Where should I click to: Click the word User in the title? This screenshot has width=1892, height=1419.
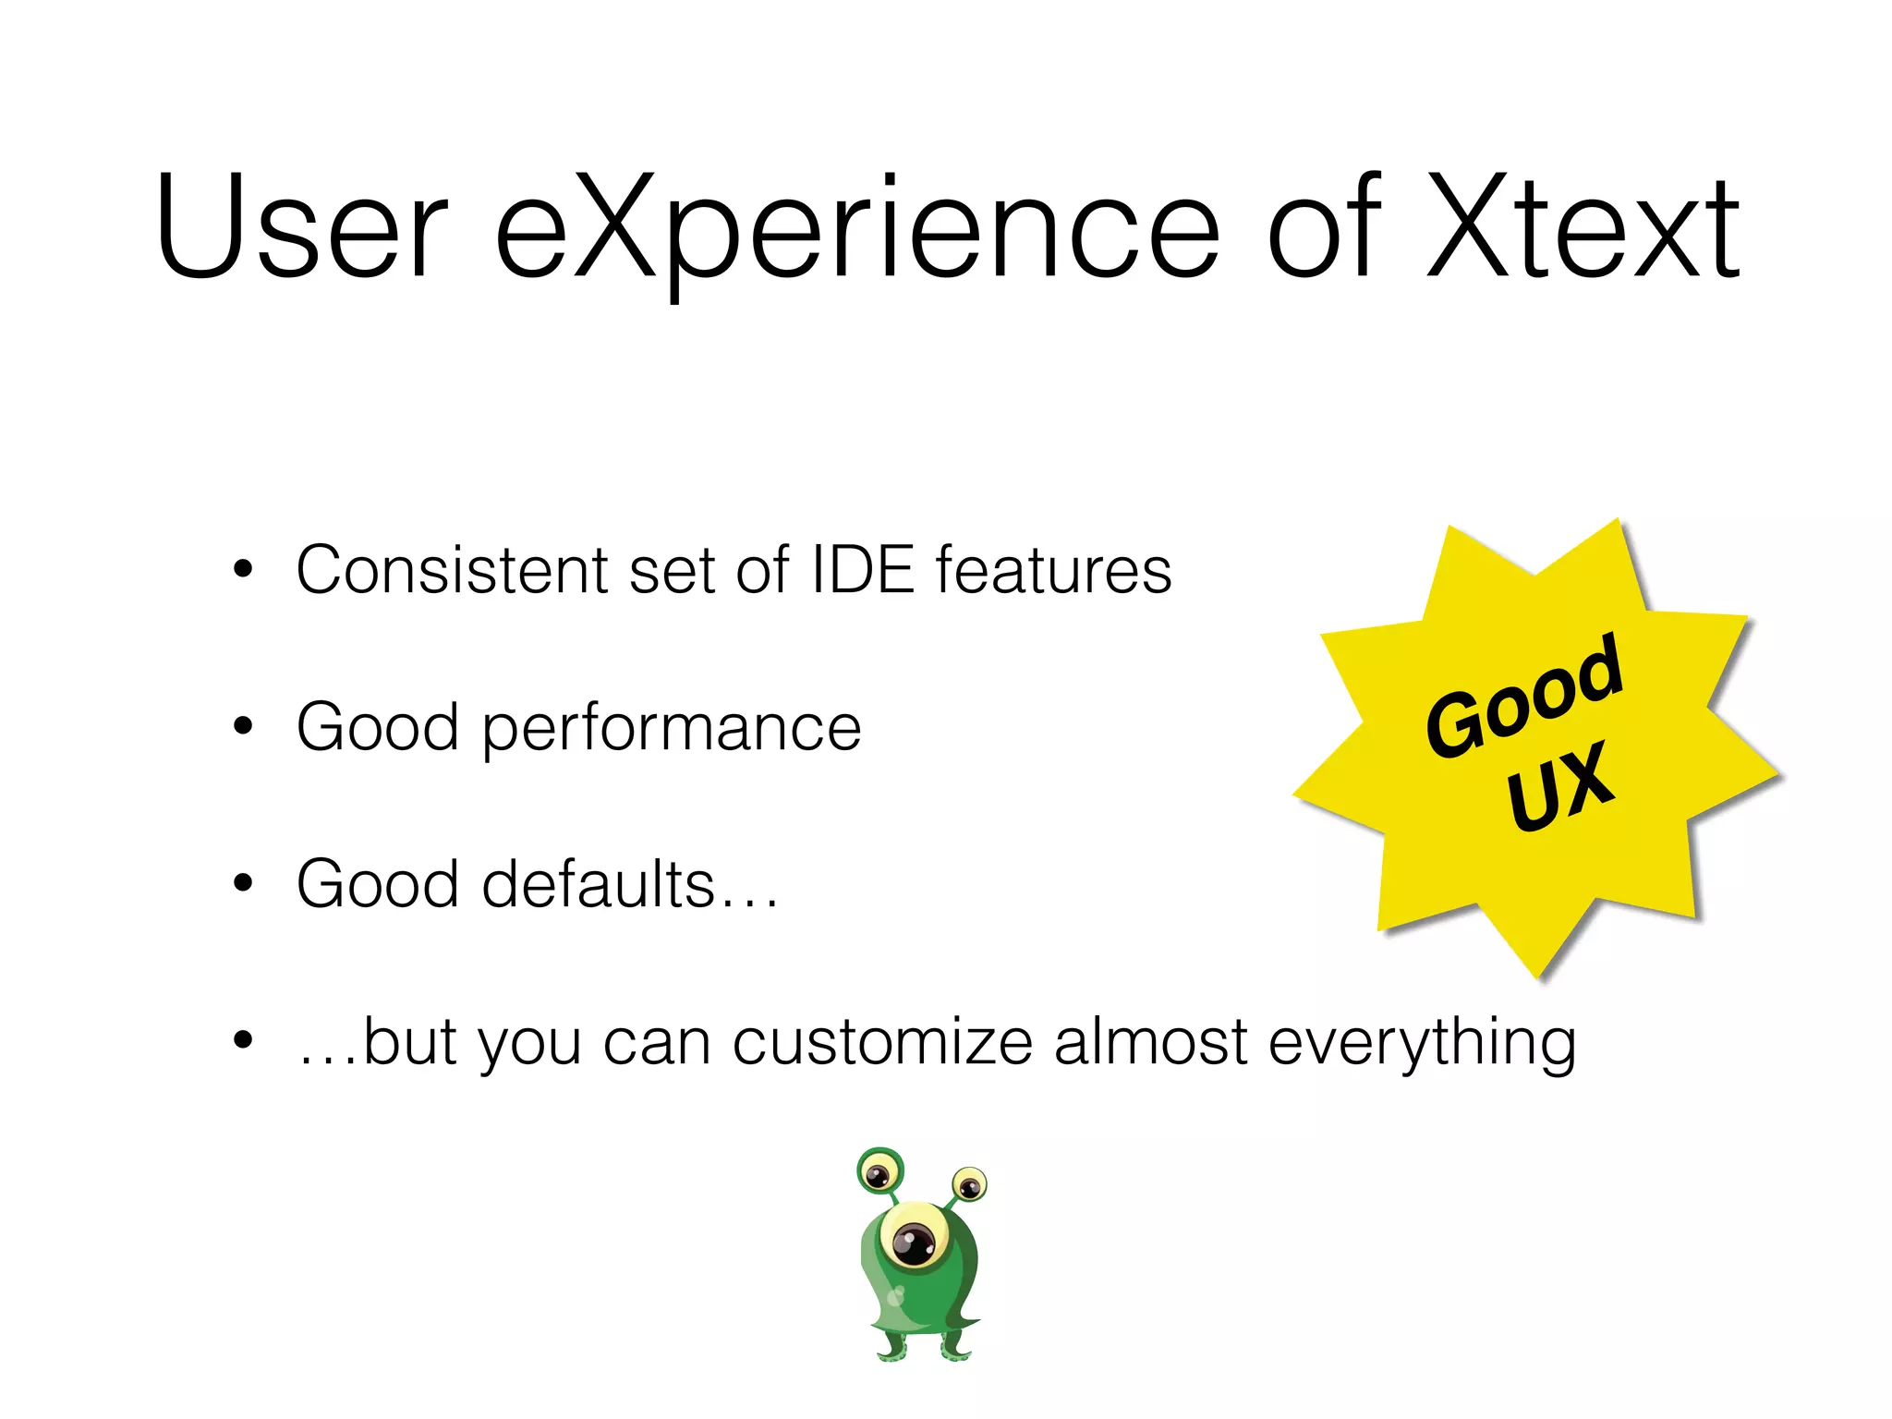(x=301, y=226)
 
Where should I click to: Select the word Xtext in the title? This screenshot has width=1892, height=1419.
(x=1583, y=226)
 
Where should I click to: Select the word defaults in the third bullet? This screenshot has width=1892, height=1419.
(x=599, y=884)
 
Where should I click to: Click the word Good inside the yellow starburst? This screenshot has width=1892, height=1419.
(x=1524, y=695)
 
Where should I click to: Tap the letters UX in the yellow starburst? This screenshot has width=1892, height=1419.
(x=1560, y=785)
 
